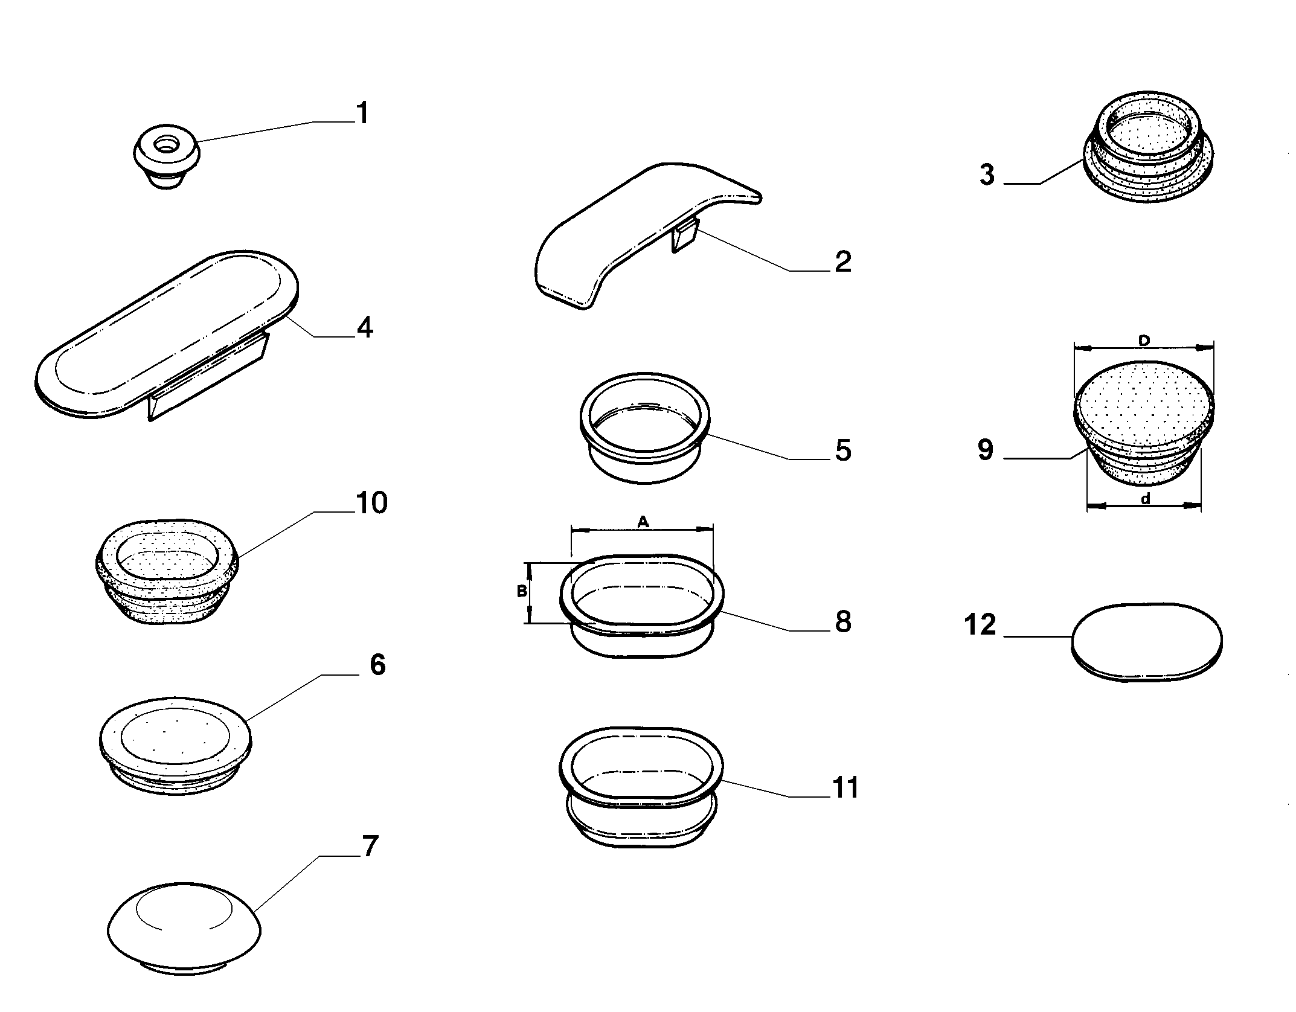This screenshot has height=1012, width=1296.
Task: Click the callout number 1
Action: pyautogui.click(x=362, y=113)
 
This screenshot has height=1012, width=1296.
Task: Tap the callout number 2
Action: pyautogui.click(x=842, y=261)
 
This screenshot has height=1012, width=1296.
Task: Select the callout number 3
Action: pyautogui.click(x=987, y=175)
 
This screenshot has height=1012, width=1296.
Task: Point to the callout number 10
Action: pyautogui.click(x=371, y=503)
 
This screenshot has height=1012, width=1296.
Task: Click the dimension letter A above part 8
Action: pyautogui.click(x=643, y=521)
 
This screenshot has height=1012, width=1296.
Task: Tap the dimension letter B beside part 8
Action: pyautogui.click(x=522, y=592)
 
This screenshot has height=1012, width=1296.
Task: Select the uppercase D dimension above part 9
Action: pyautogui.click(x=1143, y=341)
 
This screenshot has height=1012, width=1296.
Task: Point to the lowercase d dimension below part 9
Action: pyautogui.click(x=1144, y=499)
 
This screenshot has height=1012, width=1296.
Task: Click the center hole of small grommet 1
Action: pyautogui.click(x=164, y=145)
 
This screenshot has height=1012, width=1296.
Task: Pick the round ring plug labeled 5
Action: pyautogui.click(x=644, y=427)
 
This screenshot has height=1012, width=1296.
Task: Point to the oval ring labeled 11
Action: pyautogui.click(x=641, y=787)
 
